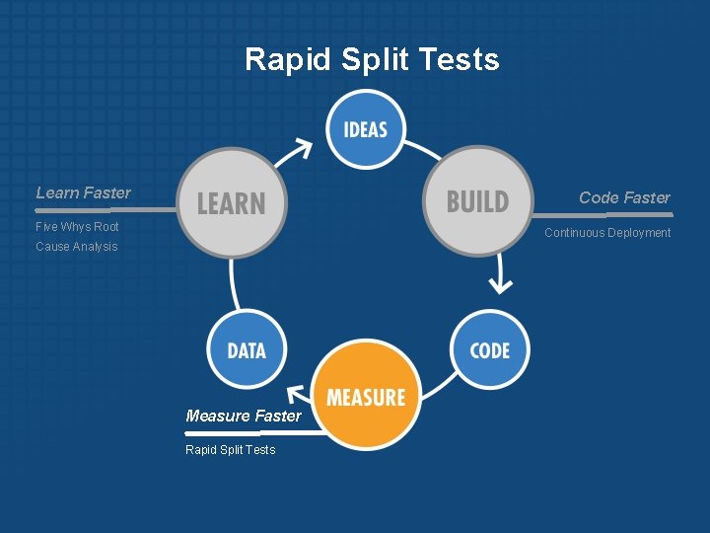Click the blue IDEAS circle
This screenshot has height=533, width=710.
365,128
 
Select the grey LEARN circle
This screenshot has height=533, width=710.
232,202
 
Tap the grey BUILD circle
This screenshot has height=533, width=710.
478,200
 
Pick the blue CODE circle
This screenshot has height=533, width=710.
489,350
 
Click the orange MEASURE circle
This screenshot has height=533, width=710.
366,397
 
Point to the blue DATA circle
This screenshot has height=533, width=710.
247,350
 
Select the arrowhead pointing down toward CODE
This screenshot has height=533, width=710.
501,284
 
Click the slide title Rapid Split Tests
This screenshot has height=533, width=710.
372,59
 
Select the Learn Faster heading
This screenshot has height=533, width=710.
83,192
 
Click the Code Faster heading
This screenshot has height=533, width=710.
624,197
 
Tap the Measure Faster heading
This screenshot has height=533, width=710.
244,416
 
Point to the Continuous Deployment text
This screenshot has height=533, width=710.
607,233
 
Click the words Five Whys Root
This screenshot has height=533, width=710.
77,226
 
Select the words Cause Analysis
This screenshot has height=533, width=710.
76,246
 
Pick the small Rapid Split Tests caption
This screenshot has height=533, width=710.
231,450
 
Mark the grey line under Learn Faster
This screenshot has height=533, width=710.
99,209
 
